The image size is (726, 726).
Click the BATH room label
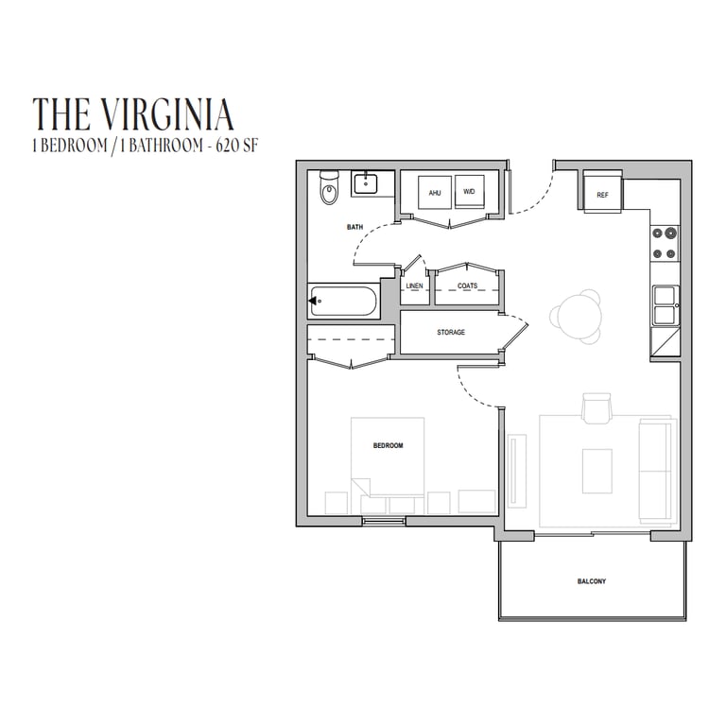pyautogui.click(x=355, y=227)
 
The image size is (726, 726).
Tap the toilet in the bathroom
pyautogui.click(x=330, y=187)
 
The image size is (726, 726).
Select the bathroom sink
pyautogui.click(x=366, y=183)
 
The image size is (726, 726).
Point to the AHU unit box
pyautogui.click(x=434, y=193)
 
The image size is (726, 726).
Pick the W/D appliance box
pyautogui.click(x=470, y=191)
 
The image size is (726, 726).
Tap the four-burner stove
pyautogui.click(x=665, y=243)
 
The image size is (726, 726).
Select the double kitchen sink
pyautogui.click(x=665, y=305)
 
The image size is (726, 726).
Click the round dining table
pyautogui.click(x=577, y=317)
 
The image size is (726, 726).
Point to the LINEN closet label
pyautogui.click(x=414, y=286)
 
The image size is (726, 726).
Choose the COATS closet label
pyautogui.click(x=468, y=285)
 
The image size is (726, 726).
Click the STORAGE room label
pyautogui.click(x=451, y=333)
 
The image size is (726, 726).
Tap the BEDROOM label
pyautogui.click(x=388, y=445)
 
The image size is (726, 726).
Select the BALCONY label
pyautogui.click(x=592, y=581)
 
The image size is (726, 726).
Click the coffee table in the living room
pyautogui.click(x=597, y=471)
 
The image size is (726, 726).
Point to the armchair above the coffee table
pyautogui.click(x=596, y=408)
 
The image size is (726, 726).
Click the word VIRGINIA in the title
pyautogui.click(x=166, y=113)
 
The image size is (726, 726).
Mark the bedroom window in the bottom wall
pyautogui.click(x=384, y=522)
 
